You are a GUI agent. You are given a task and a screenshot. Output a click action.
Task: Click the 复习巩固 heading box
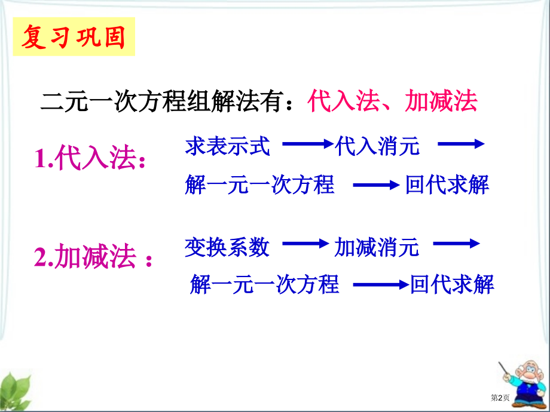[x=74, y=37]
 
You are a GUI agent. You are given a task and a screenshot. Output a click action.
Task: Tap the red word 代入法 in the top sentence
[x=344, y=102]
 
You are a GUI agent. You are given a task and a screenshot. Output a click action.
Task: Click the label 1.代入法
[x=90, y=159]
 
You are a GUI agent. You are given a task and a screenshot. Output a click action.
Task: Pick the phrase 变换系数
[x=227, y=247]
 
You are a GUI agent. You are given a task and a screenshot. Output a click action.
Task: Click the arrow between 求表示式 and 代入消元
[x=307, y=144]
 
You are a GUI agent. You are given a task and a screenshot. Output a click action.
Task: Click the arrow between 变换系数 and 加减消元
[x=305, y=244]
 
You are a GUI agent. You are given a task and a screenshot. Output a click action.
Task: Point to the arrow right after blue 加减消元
[x=457, y=244]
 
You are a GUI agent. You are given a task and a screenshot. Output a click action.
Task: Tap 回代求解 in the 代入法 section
[x=447, y=185]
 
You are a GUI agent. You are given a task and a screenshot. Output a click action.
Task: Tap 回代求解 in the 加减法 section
[x=452, y=285]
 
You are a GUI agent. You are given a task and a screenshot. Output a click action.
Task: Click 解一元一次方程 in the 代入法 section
[x=259, y=185]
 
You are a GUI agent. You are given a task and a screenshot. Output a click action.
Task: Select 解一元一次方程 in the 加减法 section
[x=264, y=285]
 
